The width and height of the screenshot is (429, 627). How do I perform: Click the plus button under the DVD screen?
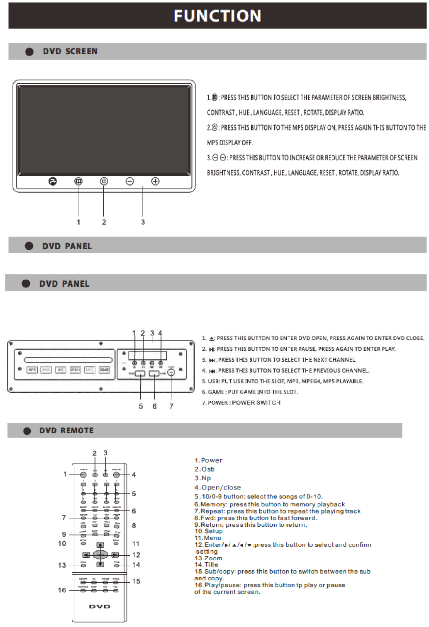point(155,181)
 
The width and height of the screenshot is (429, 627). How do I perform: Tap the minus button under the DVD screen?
point(130,181)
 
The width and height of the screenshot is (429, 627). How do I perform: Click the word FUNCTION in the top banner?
point(217,16)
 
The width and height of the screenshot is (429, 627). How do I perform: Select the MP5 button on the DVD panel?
point(32,370)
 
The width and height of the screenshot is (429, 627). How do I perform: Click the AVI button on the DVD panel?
point(61,370)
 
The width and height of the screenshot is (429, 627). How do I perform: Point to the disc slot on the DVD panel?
point(68,360)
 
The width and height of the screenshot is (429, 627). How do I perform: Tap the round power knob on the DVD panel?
point(171,373)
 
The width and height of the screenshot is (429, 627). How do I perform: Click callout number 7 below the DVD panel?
point(171,406)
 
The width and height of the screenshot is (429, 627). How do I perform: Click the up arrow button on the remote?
point(100,545)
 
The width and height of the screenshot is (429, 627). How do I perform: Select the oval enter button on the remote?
point(100,554)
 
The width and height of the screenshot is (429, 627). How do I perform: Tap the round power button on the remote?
point(83,475)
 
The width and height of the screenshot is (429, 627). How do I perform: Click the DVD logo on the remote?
point(100,607)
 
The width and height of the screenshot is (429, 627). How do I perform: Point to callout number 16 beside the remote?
point(62,590)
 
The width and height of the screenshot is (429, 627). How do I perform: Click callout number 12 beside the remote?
point(136,554)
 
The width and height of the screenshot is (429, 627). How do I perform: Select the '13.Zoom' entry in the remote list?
point(209,558)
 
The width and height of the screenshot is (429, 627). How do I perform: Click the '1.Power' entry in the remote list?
point(209,460)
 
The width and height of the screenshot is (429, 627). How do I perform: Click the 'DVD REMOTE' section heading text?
point(66,431)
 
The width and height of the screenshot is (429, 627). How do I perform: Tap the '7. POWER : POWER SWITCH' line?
point(241,403)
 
